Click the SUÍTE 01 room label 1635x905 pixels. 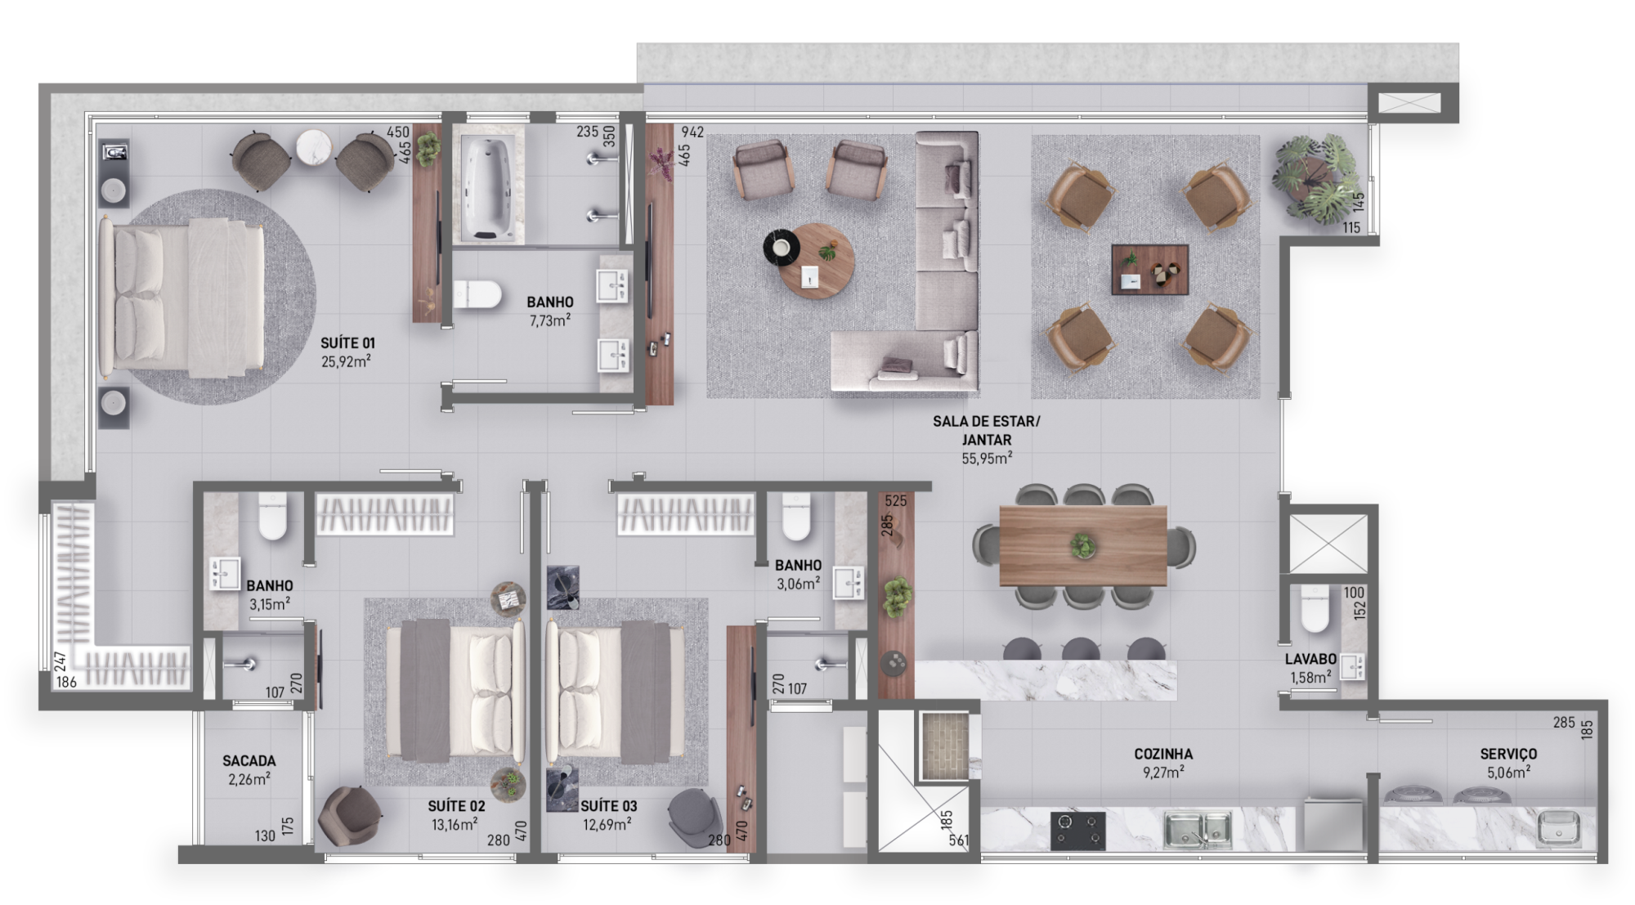(x=347, y=343)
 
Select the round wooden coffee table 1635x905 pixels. (x=815, y=261)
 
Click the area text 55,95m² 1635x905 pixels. (x=986, y=459)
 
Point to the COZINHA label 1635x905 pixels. (x=1162, y=754)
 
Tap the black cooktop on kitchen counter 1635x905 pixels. (x=1077, y=830)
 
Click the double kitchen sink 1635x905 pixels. (x=1197, y=828)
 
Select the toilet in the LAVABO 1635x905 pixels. (x=1315, y=609)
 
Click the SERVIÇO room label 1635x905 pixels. (x=1507, y=754)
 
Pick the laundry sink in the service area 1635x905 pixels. (x=1560, y=827)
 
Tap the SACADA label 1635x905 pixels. (x=249, y=761)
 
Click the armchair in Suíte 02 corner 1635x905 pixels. (x=349, y=815)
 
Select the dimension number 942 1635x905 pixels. (x=692, y=132)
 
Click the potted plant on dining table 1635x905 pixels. (x=1083, y=544)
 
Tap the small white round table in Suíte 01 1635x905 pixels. (x=314, y=148)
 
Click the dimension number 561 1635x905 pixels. (x=958, y=840)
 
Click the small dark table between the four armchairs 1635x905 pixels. (x=1149, y=269)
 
